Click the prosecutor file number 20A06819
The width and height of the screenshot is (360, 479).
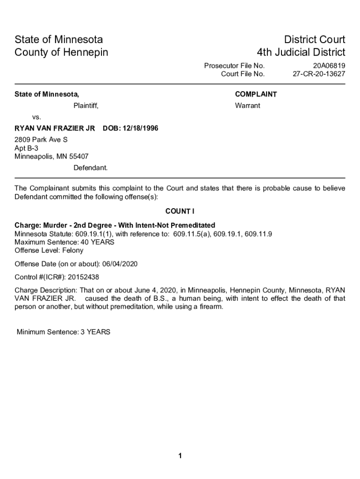click(x=329, y=65)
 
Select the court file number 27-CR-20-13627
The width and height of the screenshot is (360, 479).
click(x=319, y=74)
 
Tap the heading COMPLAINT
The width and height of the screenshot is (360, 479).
click(x=256, y=94)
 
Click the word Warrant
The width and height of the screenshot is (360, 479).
click(x=247, y=106)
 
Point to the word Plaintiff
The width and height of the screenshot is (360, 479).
click(x=86, y=106)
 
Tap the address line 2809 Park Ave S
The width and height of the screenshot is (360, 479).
click(x=41, y=139)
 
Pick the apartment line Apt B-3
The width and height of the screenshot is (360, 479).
click(x=27, y=148)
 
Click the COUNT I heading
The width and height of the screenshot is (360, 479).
click(x=180, y=210)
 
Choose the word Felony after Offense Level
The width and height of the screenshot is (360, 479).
click(x=72, y=250)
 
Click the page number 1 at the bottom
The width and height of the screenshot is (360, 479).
click(x=180, y=456)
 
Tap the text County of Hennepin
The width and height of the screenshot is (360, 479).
click(x=61, y=52)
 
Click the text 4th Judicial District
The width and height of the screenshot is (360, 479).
click(x=301, y=52)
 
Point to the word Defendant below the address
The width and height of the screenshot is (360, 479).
click(x=90, y=167)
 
